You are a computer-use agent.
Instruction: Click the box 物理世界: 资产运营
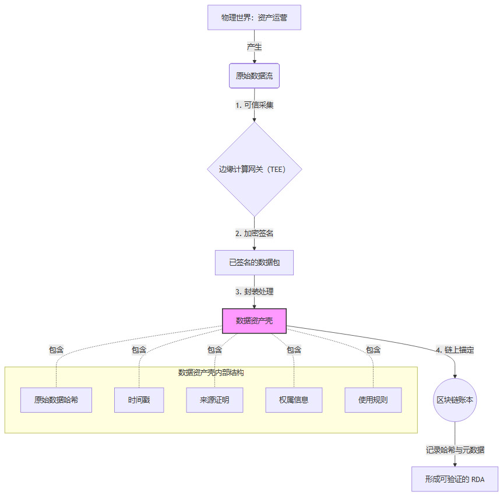(x=254, y=17)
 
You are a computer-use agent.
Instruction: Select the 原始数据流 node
(x=254, y=76)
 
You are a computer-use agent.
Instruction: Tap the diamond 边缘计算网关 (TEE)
(x=254, y=169)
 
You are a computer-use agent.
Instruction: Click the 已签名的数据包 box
(x=254, y=263)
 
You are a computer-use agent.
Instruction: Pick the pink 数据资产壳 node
(x=254, y=321)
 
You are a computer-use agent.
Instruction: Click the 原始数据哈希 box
(x=56, y=400)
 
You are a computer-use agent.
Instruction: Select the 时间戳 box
(x=139, y=400)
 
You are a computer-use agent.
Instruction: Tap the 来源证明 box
(x=214, y=400)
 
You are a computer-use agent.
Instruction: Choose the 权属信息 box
(x=294, y=400)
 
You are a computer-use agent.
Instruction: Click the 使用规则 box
(x=373, y=400)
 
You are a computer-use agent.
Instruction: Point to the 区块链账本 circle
(x=455, y=400)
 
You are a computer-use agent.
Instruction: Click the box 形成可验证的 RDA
(x=455, y=479)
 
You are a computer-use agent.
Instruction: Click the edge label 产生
(x=254, y=47)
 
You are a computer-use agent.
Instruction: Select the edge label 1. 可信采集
(x=254, y=105)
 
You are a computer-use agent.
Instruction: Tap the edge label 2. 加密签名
(x=254, y=233)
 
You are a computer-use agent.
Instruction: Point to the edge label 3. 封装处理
(x=254, y=291)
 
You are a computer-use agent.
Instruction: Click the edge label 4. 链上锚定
(x=455, y=350)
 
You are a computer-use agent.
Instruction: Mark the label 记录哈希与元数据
(x=455, y=450)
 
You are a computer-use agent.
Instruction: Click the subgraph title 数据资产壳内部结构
(x=211, y=372)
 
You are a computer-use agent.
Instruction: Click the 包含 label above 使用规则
(x=373, y=350)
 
